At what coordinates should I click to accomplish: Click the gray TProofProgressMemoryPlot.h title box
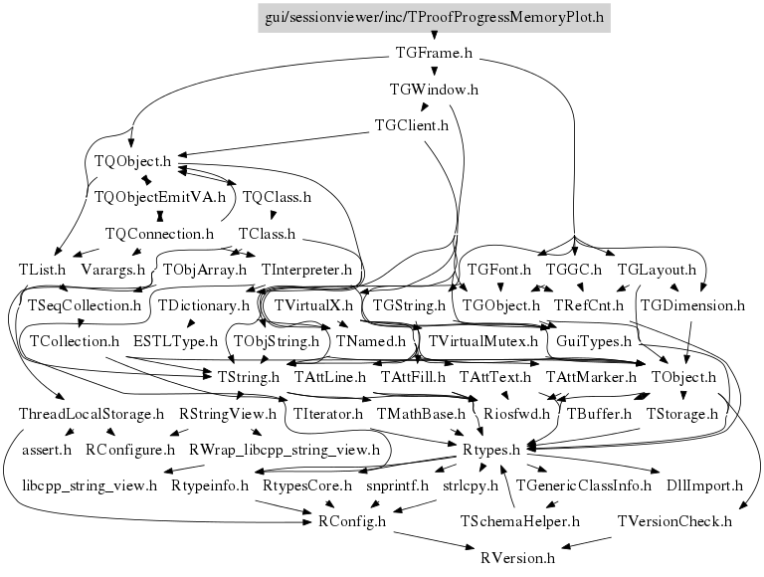pos(434,18)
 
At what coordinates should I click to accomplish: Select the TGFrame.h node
pos(434,53)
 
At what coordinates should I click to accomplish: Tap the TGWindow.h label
pos(434,90)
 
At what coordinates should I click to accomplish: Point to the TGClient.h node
pos(411,125)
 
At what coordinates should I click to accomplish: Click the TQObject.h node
pos(132,161)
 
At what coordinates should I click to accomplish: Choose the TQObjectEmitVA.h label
pos(160,197)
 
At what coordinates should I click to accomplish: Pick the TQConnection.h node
pos(160,234)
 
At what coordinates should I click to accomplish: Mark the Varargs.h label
pos(113,270)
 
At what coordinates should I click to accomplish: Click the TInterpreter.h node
pos(306,270)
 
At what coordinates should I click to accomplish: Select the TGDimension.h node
pos(692,305)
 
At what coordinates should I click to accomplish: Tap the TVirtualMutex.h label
pos(482,341)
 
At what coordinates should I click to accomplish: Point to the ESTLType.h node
pos(175,341)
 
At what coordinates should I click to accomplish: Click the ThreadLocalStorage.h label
pos(92,414)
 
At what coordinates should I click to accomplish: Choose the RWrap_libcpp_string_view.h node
pos(285,450)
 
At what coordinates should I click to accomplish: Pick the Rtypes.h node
pos(491,450)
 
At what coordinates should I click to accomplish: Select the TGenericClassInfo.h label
pos(583,485)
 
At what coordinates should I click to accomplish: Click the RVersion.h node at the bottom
pos(517,557)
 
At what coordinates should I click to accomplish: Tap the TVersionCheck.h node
pos(674,521)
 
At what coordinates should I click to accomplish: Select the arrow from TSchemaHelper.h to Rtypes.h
pos(507,487)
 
